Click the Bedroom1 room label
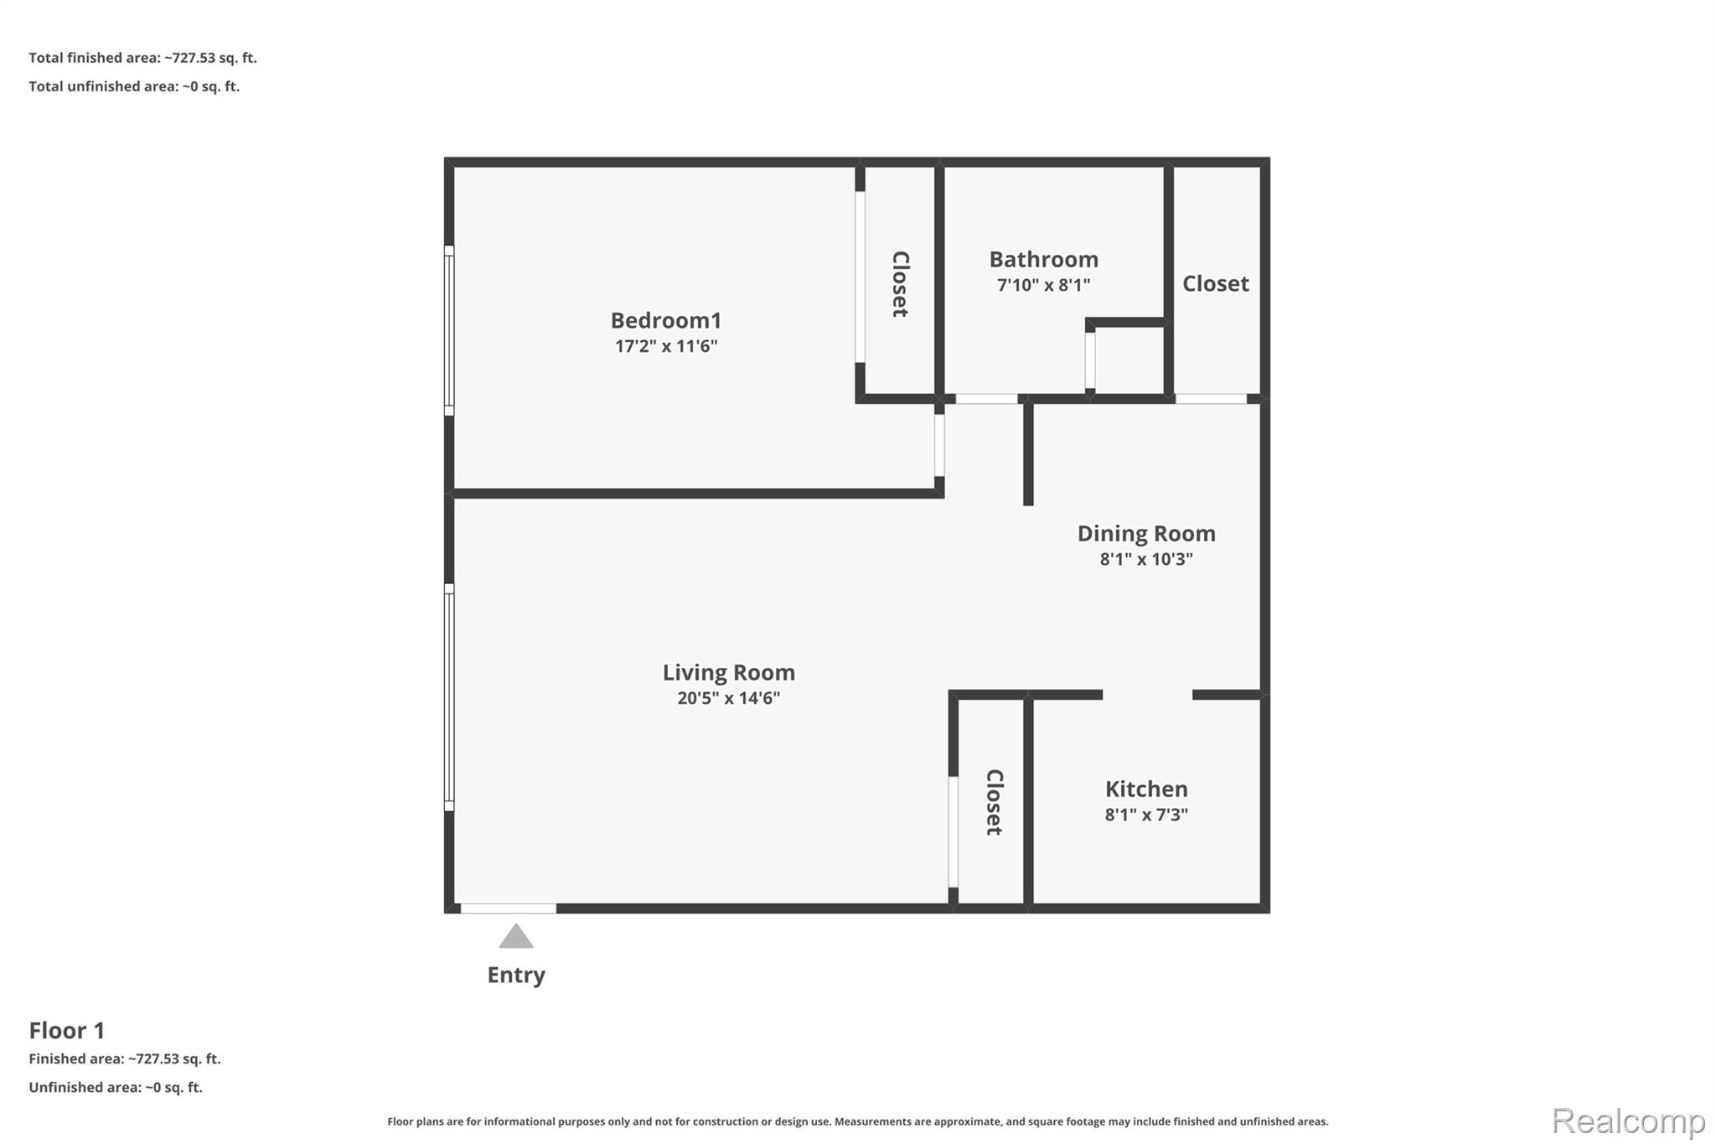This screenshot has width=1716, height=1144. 666,320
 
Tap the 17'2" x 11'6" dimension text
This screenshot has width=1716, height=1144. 666,346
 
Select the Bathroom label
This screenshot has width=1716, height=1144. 1043,259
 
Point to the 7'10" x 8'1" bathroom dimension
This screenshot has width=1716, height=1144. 1043,285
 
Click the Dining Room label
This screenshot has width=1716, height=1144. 1146,533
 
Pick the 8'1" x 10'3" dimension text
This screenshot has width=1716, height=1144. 1146,559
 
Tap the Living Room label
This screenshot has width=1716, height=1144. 729,672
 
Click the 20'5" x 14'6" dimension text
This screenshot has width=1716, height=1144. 729,698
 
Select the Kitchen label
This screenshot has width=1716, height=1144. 1146,789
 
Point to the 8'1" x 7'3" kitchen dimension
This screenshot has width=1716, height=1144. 1146,815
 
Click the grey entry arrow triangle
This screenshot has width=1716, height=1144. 516,938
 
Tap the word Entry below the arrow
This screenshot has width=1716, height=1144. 516,975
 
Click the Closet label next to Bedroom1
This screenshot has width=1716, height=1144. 900,284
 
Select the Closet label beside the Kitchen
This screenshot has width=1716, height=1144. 994,802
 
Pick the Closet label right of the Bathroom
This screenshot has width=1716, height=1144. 1216,283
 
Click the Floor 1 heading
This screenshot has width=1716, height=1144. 67,1030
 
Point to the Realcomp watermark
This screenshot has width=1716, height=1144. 1628,1121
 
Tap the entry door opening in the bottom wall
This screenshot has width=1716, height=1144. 509,908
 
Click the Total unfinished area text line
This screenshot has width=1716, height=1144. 134,86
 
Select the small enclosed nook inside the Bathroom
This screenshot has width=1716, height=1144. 1129,360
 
